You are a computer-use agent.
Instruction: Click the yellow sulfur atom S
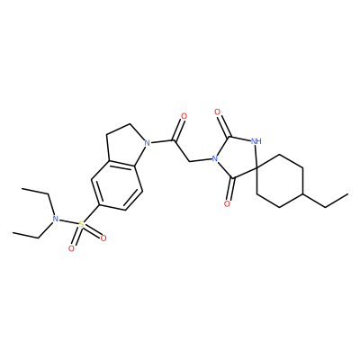pyautogui.click(x=81, y=224)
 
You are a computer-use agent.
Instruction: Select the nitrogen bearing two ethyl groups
pyautogui.click(x=55, y=219)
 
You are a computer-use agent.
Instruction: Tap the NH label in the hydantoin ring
pyautogui.click(x=256, y=140)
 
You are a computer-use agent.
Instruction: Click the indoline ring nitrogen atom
pyautogui.click(x=147, y=143)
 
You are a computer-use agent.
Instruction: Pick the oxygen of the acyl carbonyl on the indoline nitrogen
pyautogui.click(x=184, y=116)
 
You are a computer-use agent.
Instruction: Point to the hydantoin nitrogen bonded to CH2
pyautogui.click(x=213, y=158)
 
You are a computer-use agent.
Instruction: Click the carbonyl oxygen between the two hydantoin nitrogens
pyautogui.click(x=218, y=112)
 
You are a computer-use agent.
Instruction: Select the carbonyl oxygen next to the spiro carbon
pyautogui.click(x=227, y=204)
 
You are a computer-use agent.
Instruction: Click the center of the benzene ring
pyautogui.click(x=117, y=185)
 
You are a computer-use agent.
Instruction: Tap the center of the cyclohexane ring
pyautogui.click(x=280, y=181)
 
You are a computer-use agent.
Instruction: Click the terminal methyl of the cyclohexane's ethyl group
pyautogui.click(x=348, y=193)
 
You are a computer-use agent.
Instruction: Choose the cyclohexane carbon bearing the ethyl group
pyautogui.click(x=302, y=193)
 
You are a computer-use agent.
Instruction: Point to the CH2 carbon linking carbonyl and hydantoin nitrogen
pyautogui.click(x=190, y=162)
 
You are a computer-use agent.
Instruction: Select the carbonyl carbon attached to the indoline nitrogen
pyautogui.click(x=174, y=139)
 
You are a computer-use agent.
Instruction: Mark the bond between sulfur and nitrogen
pyautogui.click(x=68, y=221)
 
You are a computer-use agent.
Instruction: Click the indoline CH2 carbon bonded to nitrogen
pyautogui.click(x=130, y=123)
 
